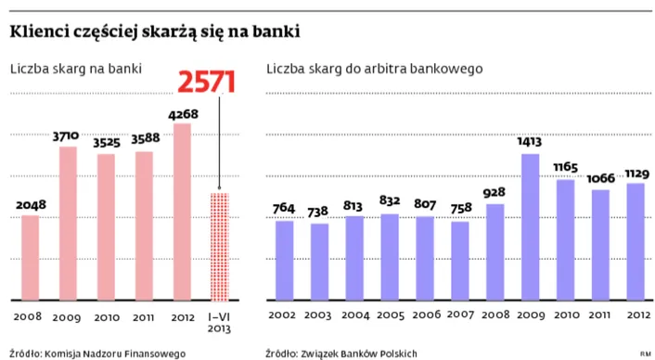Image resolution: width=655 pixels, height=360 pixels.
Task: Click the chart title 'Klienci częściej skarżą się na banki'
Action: (x=155, y=32)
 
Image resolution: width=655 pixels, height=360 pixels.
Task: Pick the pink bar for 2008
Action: (x=31, y=258)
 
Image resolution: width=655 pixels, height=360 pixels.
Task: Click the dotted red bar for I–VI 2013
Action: (x=219, y=247)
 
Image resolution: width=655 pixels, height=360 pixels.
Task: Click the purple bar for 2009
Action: (x=530, y=227)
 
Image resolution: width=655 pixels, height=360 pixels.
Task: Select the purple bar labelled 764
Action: (x=285, y=261)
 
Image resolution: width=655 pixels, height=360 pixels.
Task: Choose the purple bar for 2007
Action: (x=459, y=261)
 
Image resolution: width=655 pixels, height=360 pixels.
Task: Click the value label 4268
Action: (x=181, y=114)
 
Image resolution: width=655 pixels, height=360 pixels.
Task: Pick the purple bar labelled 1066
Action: (x=600, y=245)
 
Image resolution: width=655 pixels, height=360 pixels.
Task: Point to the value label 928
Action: (x=494, y=193)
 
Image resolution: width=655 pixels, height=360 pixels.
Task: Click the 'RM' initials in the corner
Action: (x=643, y=354)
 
